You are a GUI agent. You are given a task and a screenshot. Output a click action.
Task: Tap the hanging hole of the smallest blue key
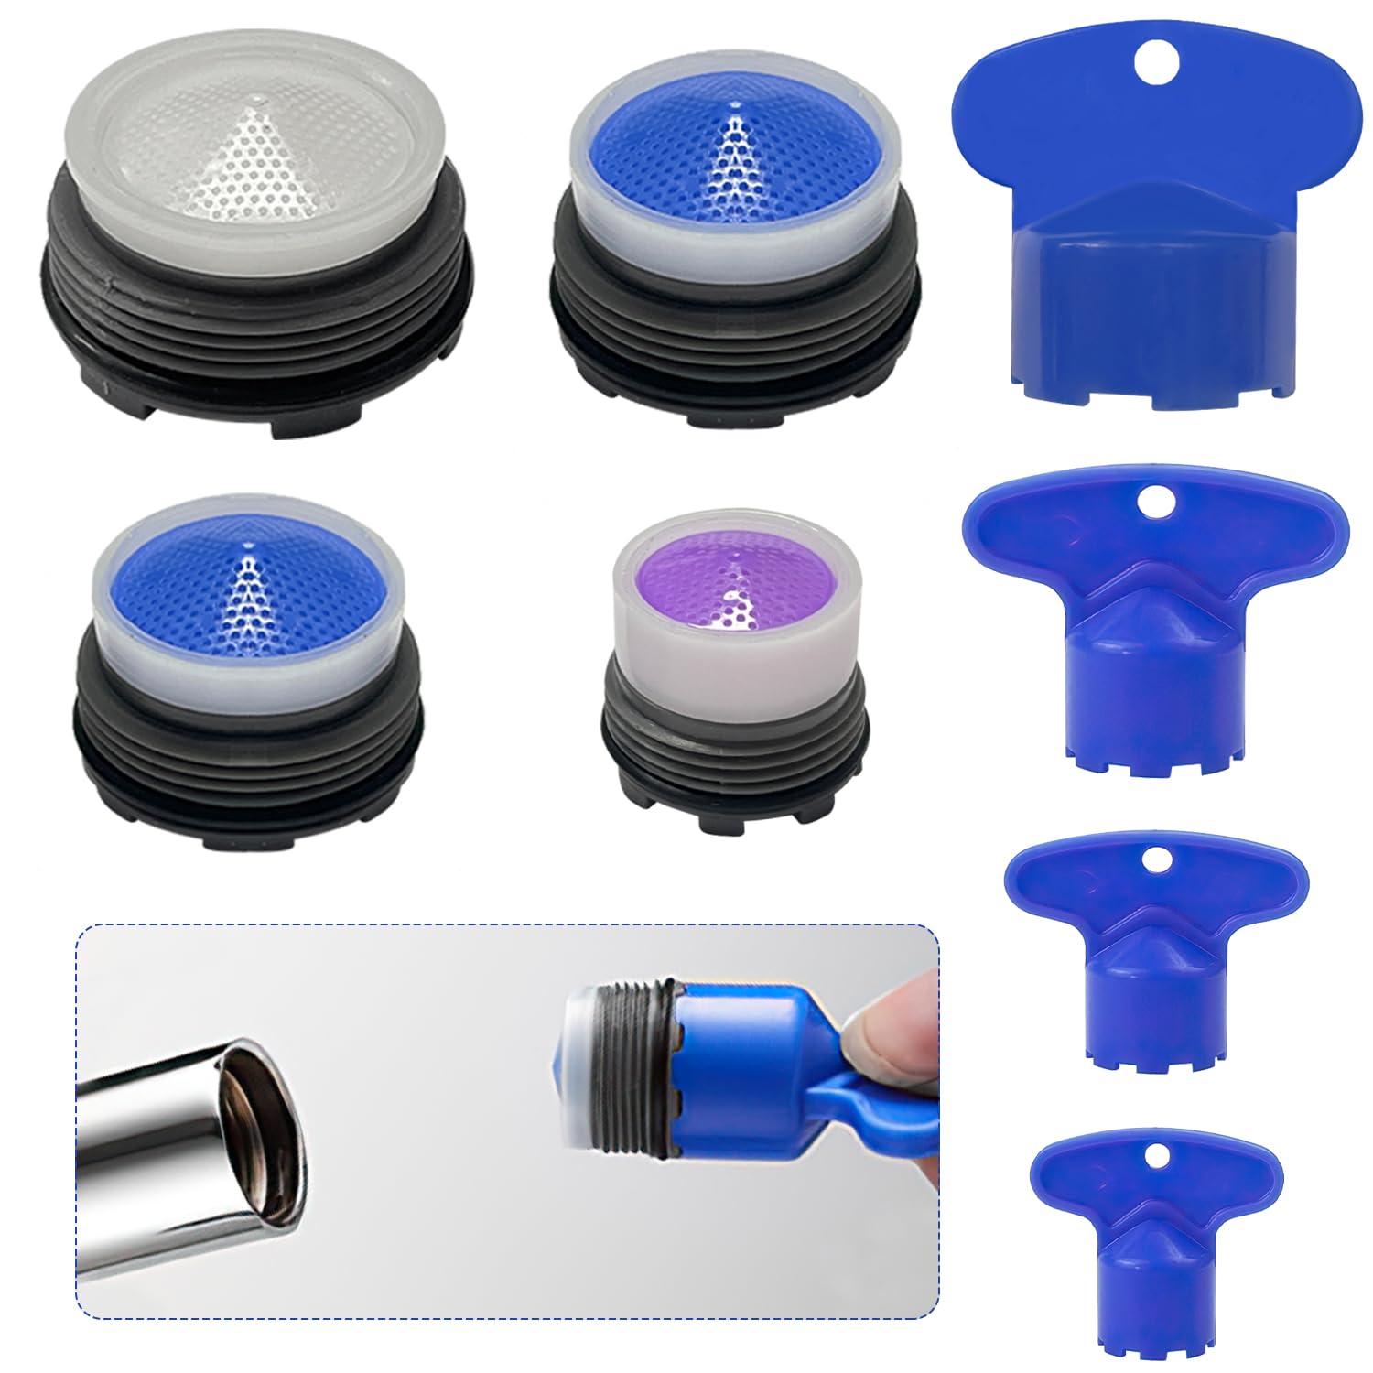(1160, 1158)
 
